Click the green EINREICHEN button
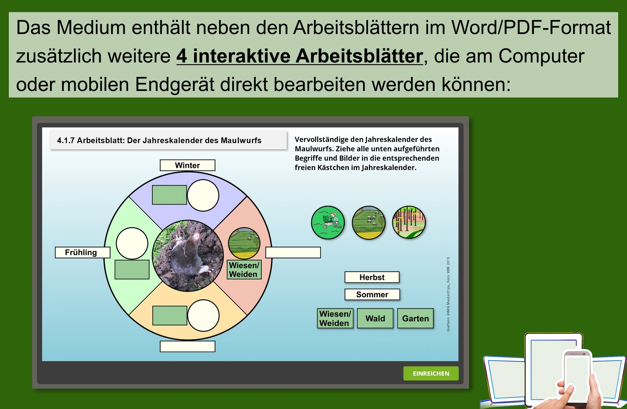[431, 373]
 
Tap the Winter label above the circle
[187, 165]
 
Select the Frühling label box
[82, 252]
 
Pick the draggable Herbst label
[372, 277]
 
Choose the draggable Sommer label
[372, 294]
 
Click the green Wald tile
[375, 318]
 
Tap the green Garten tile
[415, 318]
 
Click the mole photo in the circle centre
[188, 256]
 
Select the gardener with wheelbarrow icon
[328, 222]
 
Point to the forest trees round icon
[409, 222]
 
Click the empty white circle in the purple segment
[203, 195]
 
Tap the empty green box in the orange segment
[170, 315]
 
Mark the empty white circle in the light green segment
[132, 243]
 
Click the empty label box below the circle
[187, 347]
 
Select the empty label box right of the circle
[293, 253]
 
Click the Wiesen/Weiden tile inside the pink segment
[244, 270]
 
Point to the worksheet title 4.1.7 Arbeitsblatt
[159, 140]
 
